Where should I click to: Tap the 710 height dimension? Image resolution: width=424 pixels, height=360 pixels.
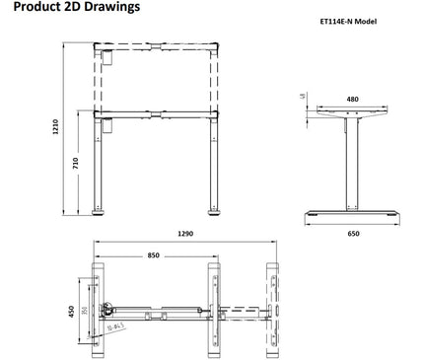[x=76, y=163]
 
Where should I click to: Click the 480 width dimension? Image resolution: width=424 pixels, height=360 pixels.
[x=352, y=100]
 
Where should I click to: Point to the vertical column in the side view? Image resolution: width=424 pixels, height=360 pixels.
[x=352, y=163]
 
